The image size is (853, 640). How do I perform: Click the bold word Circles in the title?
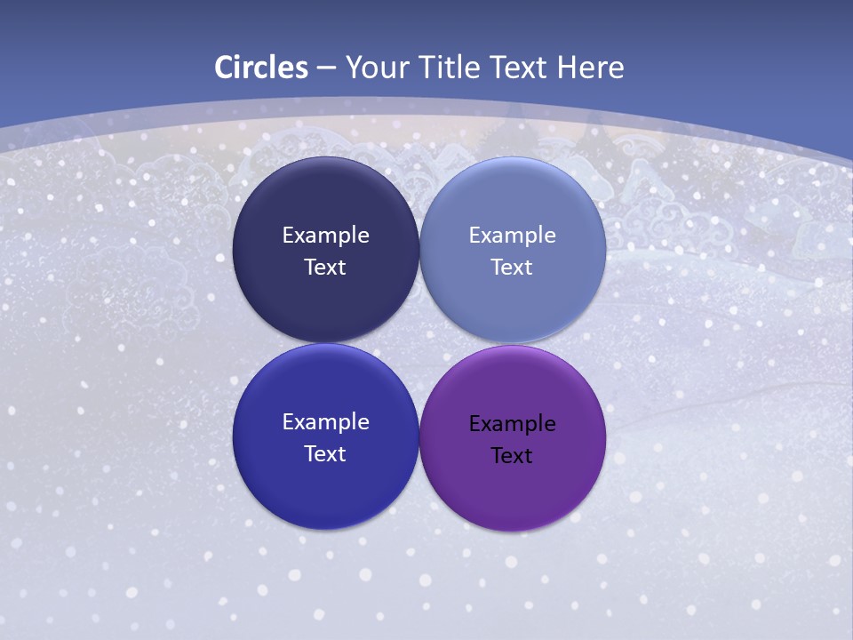[x=261, y=68]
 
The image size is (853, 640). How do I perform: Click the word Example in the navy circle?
[x=325, y=236]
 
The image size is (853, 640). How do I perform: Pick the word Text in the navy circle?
[x=325, y=268]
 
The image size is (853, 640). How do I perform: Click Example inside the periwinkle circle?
[x=513, y=236]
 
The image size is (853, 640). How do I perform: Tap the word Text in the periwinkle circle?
[x=513, y=268]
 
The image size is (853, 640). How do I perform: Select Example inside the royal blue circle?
[x=325, y=422]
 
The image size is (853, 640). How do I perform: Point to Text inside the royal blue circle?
[x=325, y=454]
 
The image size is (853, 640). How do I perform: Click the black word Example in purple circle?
[x=513, y=424]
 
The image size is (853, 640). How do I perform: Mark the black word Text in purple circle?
[x=513, y=456]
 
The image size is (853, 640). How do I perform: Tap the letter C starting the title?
[x=224, y=68]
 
